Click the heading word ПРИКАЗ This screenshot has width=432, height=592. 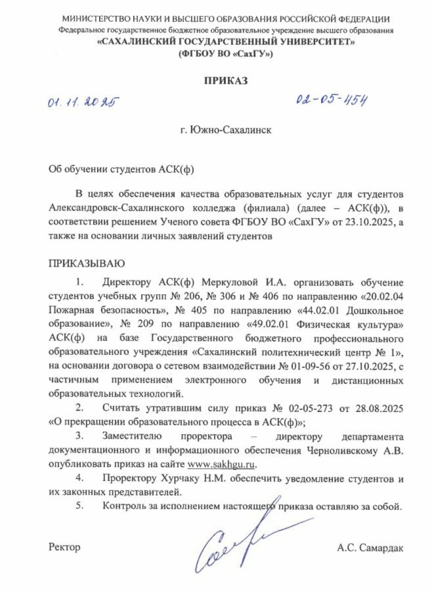pyautogui.click(x=225, y=81)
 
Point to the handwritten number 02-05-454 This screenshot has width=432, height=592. pyautogui.click(x=333, y=100)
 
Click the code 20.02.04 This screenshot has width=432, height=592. pyautogui.click(x=385, y=297)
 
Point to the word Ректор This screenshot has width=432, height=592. pyautogui.click(x=64, y=547)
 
